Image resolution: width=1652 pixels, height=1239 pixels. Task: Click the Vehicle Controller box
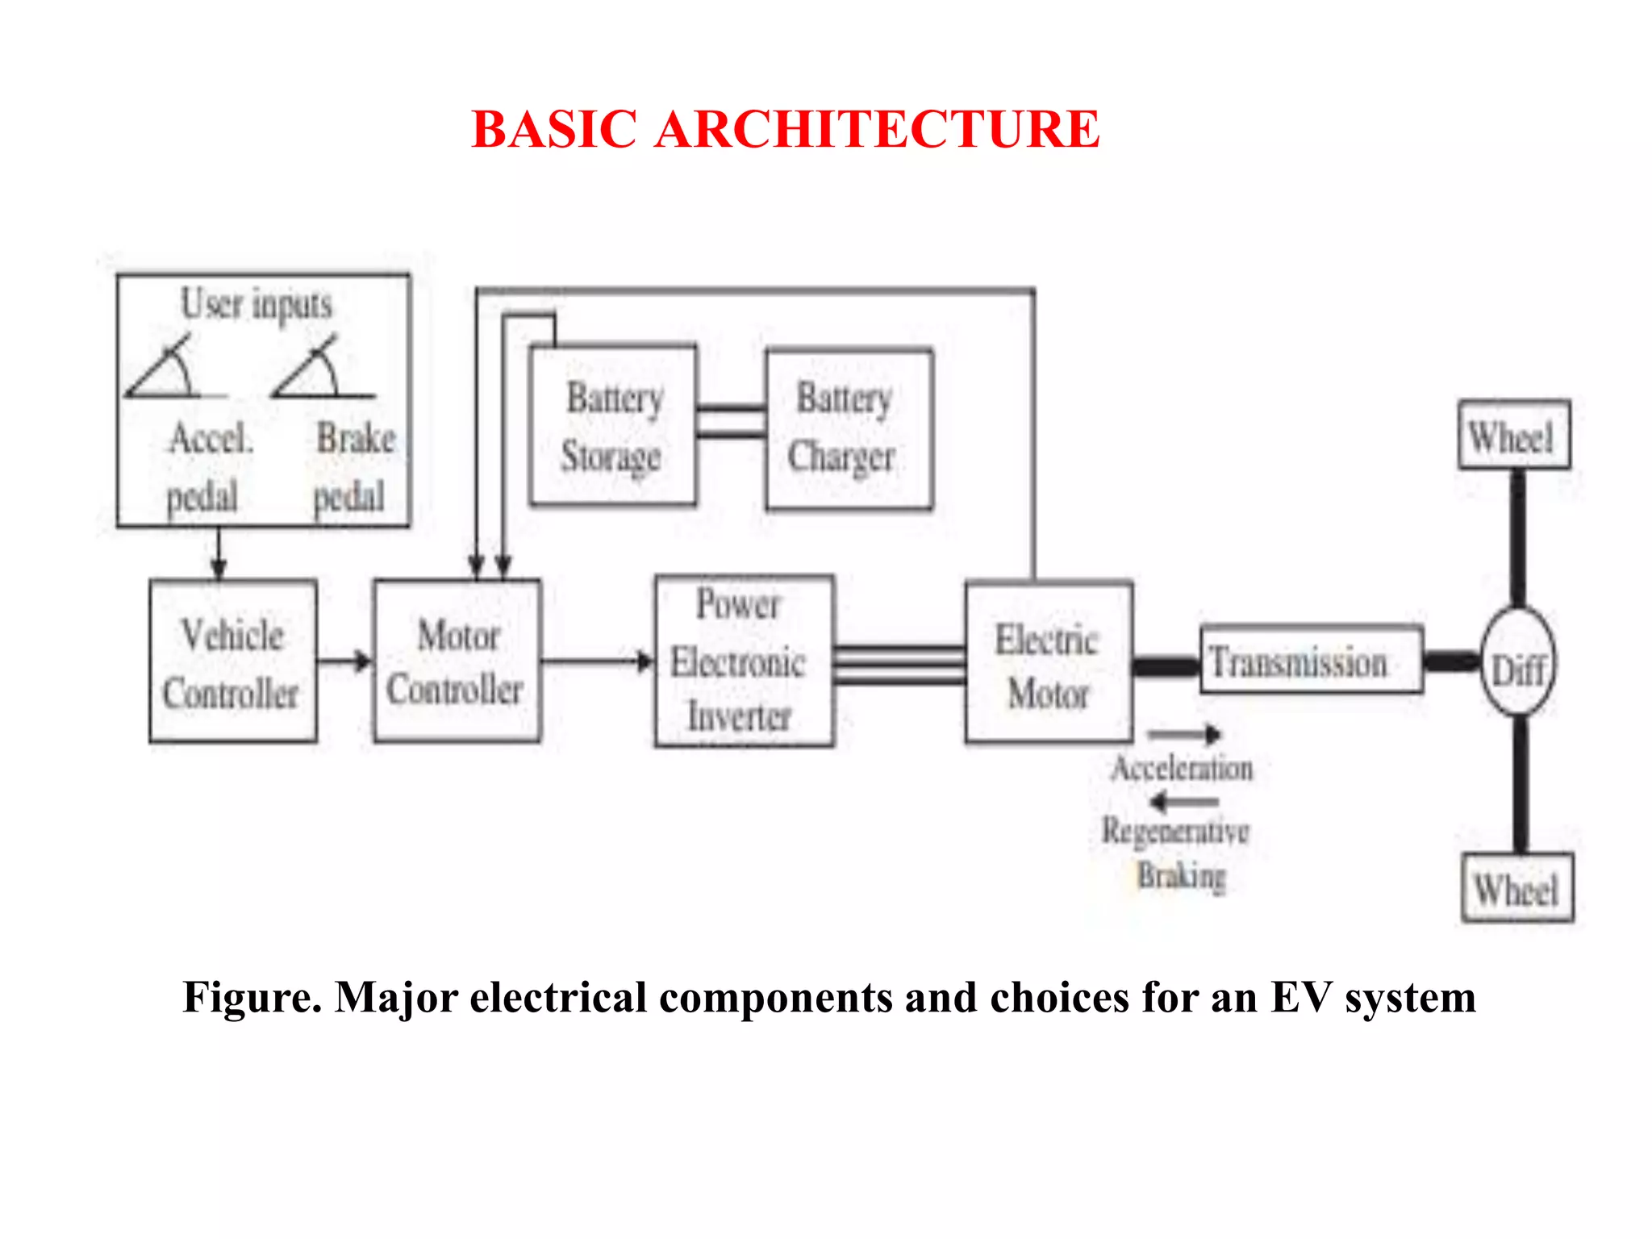(x=232, y=661)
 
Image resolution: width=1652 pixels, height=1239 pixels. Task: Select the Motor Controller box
(x=457, y=661)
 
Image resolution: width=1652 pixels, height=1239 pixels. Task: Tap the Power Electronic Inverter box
(x=743, y=661)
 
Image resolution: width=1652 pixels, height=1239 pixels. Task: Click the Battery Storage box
(x=613, y=426)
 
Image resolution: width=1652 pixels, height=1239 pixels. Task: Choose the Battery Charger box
(x=849, y=429)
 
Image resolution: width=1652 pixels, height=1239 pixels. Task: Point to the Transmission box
(x=1311, y=660)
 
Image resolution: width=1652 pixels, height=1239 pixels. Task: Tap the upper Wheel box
(x=1513, y=436)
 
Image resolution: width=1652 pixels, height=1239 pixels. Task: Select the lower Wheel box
(x=1516, y=887)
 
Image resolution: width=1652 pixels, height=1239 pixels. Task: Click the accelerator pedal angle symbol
(x=165, y=371)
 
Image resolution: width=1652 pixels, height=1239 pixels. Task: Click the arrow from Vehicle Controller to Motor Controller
(x=344, y=662)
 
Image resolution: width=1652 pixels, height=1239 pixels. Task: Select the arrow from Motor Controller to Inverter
(x=597, y=662)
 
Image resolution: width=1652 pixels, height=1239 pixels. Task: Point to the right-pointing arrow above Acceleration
(x=1184, y=734)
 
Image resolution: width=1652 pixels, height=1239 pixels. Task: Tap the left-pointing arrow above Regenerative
(x=1184, y=802)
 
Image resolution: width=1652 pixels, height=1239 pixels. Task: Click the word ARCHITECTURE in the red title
(x=878, y=129)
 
